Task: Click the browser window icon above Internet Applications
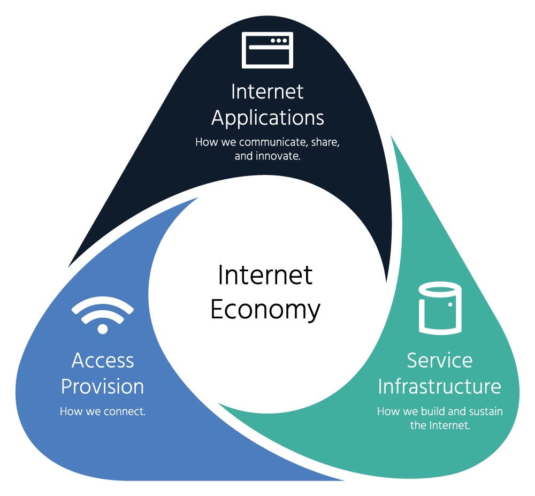[x=267, y=50]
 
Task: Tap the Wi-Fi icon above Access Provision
[x=102, y=316]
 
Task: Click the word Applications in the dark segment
[x=267, y=117]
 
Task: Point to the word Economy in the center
[x=265, y=309]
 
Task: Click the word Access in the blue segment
[x=102, y=360]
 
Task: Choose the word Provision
[x=102, y=386]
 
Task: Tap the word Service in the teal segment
[x=439, y=360]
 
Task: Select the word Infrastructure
[x=439, y=386]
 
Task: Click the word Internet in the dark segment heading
[x=267, y=91]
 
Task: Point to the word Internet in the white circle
[x=265, y=276]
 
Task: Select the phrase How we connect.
[x=103, y=411]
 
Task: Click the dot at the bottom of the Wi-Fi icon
[x=102, y=328]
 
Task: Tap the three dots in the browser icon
[x=278, y=41]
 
